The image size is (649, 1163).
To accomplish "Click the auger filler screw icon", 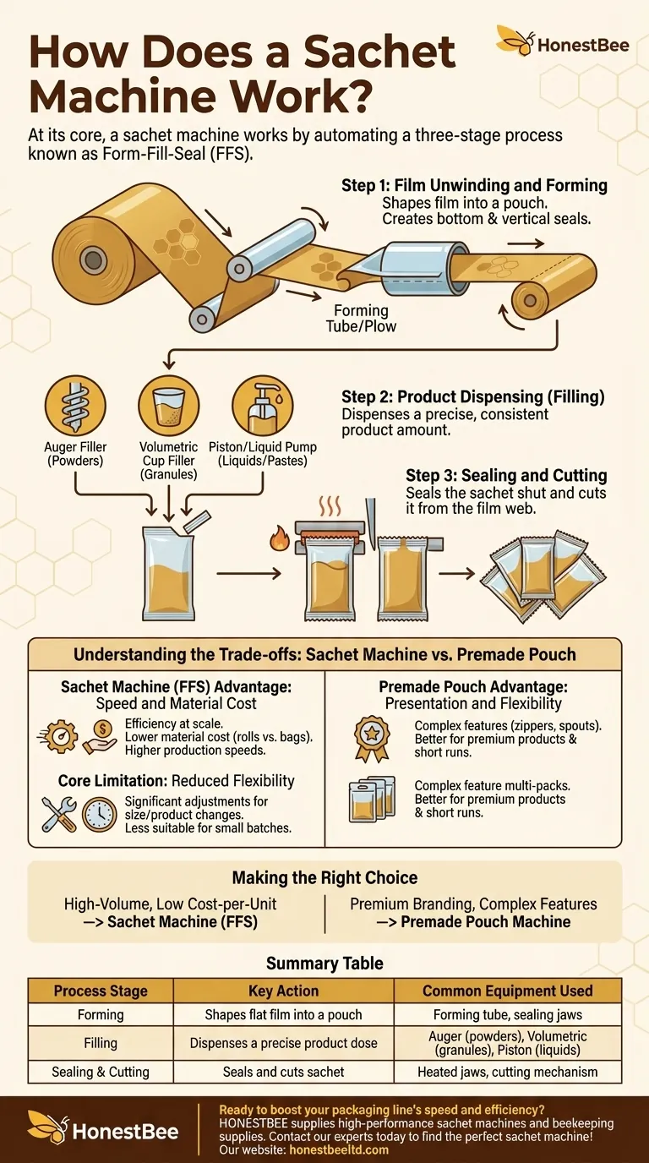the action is point(75,406).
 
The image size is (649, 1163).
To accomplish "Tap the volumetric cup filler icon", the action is point(169,406).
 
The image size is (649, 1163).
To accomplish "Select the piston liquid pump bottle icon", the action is point(262,406).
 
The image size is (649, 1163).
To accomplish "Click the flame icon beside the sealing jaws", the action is point(280,538).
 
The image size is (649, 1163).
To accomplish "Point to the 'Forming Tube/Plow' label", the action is point(362,319).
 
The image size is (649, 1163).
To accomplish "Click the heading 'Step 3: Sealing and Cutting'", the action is point(506,475).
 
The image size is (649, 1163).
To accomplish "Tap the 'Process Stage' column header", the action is point(101,991).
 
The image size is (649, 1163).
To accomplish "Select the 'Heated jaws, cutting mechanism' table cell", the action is point(508,1072).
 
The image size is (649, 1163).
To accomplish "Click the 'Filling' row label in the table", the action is point(101,1043).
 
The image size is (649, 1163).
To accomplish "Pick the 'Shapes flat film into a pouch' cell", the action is point(283,1014).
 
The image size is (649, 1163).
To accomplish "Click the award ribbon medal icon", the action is point(372,739).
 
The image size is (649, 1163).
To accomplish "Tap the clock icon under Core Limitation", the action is point(99,815).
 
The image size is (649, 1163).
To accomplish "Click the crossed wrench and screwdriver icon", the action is point(59,815).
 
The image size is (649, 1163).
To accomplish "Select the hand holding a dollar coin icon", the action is point(100,737).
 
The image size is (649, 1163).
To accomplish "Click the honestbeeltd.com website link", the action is point(339,1149).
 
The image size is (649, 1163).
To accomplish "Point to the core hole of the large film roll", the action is point(94,259).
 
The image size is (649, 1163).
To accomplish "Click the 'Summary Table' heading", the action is point(324,964).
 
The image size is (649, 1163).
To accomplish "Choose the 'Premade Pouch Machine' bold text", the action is point(485,921).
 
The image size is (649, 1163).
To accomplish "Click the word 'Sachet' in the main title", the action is point(379,52).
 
